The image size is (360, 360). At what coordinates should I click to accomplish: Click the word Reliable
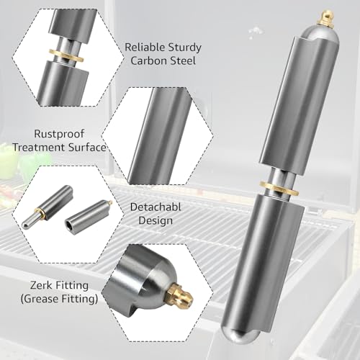pos(145,48)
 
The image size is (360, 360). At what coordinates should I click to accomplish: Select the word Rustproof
pos(59,134)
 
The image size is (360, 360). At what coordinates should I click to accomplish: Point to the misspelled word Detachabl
pos(156,207)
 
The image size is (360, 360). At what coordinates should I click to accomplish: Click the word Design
pos(156,220)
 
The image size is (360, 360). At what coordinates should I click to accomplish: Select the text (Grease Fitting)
pos(59,299)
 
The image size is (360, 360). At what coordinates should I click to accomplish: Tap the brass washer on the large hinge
pos(279,188)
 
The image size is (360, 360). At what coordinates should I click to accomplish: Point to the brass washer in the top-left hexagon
pos(66,55)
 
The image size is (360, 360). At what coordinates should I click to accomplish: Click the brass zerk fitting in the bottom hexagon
pos(180,294)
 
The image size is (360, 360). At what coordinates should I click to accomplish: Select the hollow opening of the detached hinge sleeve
pos(70,224)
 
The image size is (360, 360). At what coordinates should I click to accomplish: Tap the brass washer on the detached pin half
pos(40,213)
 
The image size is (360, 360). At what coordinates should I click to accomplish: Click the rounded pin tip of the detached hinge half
pos(25,225)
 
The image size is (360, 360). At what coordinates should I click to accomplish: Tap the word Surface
pos(87,147)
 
